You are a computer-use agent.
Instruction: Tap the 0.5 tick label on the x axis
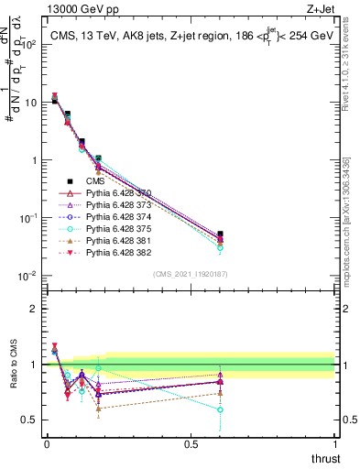click(x=191, y=444)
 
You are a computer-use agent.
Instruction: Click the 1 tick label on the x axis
click(x=334, y=444)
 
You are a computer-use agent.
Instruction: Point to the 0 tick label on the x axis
click(x=47, y=444)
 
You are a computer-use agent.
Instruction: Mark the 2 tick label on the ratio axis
click(x=32, y=309)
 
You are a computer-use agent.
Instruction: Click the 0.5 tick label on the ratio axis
click(x=27, y=420)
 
